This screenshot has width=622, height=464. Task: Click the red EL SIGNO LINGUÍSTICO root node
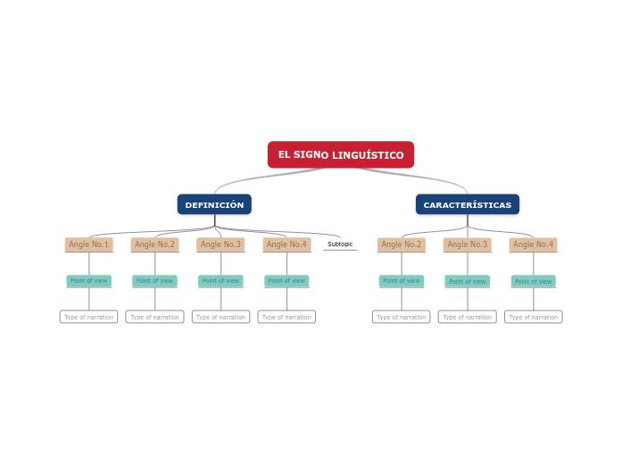[x=341, y=154]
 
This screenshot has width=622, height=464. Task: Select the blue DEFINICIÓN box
[x=214, y=204]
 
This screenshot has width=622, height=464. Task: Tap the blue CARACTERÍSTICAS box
[x=468, y=204]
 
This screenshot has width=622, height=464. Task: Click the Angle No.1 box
[x=89, y=244]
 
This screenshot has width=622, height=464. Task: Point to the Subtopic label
[x=340, y=244]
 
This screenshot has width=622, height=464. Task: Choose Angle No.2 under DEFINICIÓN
[x=154, y=244]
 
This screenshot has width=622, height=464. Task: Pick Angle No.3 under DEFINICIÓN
[x=220, y=244]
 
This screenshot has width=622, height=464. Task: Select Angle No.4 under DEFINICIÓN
[x=286, y=244]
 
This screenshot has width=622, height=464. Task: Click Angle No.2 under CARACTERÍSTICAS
[x=402, y=244]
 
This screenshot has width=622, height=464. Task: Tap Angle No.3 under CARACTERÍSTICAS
[x=468, y=244]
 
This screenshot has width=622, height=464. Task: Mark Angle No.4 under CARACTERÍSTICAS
[x=533, y=244]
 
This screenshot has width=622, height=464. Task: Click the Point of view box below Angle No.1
[x=89, y=281]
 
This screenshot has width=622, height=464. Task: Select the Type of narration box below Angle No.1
[x=89, y=317]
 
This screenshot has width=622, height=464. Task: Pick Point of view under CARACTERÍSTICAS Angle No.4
[x=533, y=281]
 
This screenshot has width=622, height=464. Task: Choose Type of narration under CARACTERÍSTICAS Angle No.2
[x=402, y=317]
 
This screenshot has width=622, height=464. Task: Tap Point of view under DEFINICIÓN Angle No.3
[x=220, y=281]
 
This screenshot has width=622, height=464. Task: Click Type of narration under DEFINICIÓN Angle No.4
[x=286, y=317]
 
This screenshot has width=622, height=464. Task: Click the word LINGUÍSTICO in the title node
[x=368, y=155]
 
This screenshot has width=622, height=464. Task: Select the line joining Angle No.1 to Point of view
[x=89, y=263]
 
